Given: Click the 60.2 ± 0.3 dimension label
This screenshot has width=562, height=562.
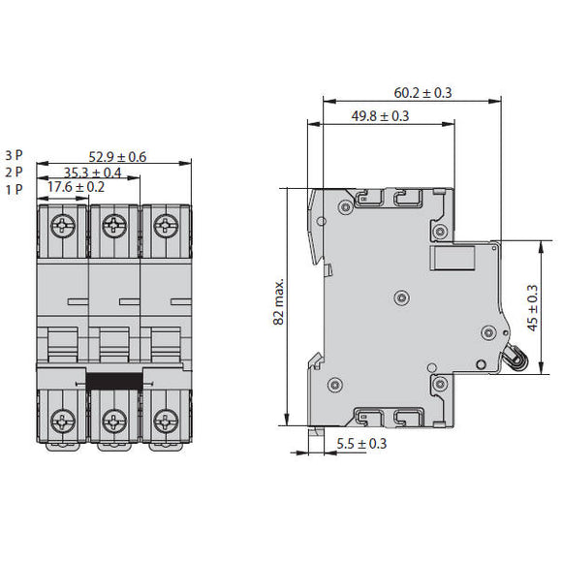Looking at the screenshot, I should (x=423, y=93).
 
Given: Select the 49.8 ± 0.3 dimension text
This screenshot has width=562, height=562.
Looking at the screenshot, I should (x=380, y=116).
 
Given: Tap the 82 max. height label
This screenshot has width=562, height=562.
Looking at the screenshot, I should (x=279, y=302).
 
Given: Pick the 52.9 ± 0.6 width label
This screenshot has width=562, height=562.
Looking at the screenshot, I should (x=117, y=157).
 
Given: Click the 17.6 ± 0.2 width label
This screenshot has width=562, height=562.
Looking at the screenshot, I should (x=77, y=187).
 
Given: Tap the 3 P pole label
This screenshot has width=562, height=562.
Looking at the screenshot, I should (x=15, y=155).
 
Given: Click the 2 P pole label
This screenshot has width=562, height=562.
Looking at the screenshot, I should (x=15, y=172).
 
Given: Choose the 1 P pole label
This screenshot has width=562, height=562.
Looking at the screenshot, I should (x=15, y=187).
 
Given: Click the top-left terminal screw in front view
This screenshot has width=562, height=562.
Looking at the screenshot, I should (x=63, y=226).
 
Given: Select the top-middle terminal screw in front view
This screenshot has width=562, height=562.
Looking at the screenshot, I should (x=114, y=226).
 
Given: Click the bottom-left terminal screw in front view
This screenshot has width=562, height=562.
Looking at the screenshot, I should (x=63, y=421).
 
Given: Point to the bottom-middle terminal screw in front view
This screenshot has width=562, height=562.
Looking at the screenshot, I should (x=114, y=421).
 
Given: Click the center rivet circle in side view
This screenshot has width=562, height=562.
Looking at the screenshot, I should (x=401, y=297).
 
